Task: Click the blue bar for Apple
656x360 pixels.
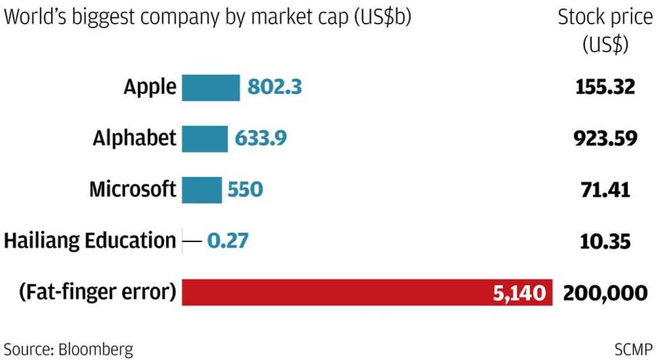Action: (x=211, y=87)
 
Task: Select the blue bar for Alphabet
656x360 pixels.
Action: (x=204, y=138)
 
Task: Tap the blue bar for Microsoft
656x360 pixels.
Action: (x=202, y=190)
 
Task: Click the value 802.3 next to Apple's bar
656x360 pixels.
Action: (x=274, y=87)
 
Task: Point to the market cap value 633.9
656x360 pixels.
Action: (x=260, y=138)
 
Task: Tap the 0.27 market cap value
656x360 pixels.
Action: (x=227, y=241)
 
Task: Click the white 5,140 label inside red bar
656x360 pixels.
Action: (x=520, y=293)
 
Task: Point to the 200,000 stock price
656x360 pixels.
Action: (x=605, y=293)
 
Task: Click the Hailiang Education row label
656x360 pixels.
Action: (x=90, y=241)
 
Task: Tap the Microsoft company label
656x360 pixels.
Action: (x=133, y=190)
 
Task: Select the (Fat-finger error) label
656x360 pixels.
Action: (x=97, y=293)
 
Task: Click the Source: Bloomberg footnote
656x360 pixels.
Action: (x=69, y=349)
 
